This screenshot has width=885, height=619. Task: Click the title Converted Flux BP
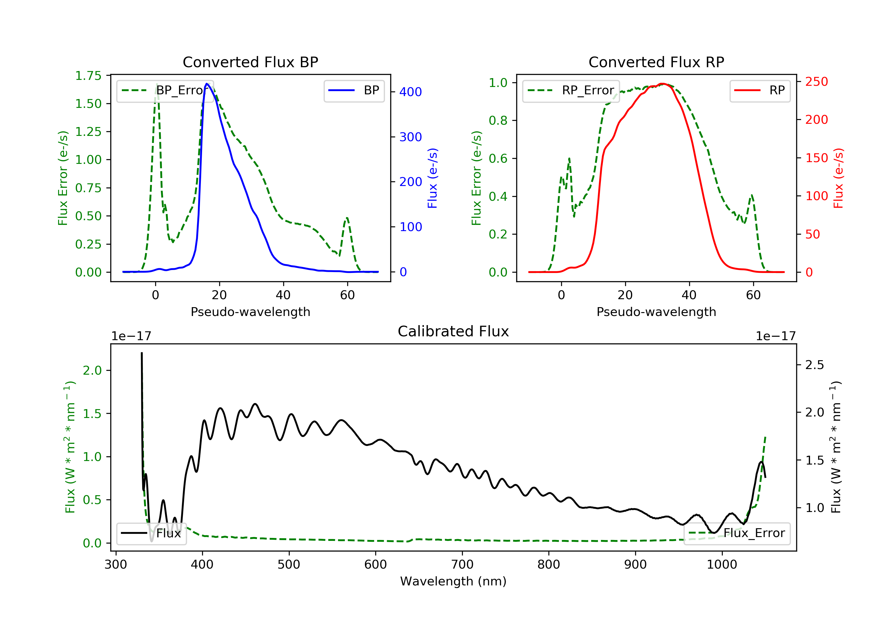point(250,62)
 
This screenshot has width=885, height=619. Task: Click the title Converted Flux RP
point(656,62)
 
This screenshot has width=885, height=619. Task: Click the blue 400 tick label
point(411,92)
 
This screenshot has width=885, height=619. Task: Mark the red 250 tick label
point(816,82)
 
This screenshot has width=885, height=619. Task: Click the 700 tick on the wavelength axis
point(462,565)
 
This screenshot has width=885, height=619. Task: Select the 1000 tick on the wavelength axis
point(722,565)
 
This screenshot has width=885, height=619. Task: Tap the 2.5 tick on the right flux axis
point(814,365)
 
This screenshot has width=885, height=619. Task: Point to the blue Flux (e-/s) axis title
point(432,178)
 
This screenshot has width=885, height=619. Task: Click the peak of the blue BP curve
point(207,84)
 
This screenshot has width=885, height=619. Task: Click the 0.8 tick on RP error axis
point(498,121)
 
